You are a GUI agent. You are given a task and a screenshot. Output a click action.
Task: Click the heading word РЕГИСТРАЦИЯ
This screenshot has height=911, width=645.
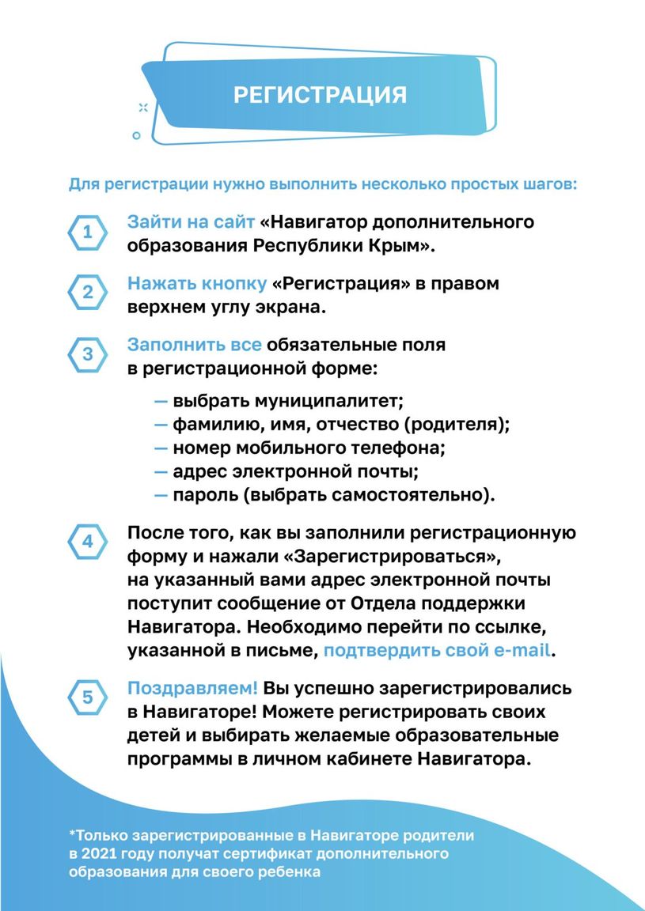(x=320, y=95)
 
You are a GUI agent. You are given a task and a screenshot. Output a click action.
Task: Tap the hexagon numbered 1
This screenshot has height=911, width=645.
(x=88, y=233)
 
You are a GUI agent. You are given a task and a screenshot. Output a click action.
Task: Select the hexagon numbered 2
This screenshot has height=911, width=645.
(x=88, y=293)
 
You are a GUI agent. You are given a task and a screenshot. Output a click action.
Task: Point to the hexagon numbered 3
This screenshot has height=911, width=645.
(x=88, y=355)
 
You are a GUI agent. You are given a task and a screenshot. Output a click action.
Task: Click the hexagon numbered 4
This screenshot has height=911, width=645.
(x=88, y=542)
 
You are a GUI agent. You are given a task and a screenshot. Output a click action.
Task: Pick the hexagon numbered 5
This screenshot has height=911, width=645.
(x=88, y=697)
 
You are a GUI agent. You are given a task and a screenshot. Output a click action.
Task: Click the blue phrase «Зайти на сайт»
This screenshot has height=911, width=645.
(x=191, y=222)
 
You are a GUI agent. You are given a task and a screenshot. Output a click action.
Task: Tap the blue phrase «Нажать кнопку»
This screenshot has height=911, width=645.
(x=196, y=283)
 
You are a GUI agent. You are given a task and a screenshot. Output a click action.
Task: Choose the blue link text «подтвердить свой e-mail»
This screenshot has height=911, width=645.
(x=436, y=652)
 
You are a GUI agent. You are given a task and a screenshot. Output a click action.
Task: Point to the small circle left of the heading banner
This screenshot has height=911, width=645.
(x=136, y=135)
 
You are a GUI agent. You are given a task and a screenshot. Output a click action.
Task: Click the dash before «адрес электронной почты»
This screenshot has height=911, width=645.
(x=161, y=472)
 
